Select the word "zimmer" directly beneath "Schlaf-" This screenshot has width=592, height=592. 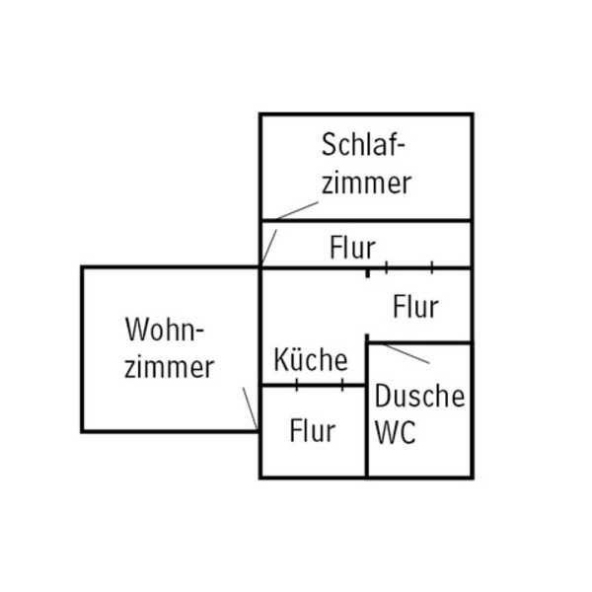click(366, 183)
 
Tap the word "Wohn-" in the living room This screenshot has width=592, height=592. click(169, 329)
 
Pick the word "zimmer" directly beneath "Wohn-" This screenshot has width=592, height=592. click(170, 367)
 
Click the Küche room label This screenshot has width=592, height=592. click(311, 359)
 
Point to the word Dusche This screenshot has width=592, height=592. click(419, 397)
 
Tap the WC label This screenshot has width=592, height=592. click(397, 433)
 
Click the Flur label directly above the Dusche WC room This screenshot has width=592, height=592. click(415, 306)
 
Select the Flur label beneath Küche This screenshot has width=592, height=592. click(312, 431)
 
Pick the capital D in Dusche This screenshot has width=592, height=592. click(384, 397)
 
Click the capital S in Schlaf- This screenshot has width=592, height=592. click(330, 145)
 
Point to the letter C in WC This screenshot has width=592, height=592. click(408, 433)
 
